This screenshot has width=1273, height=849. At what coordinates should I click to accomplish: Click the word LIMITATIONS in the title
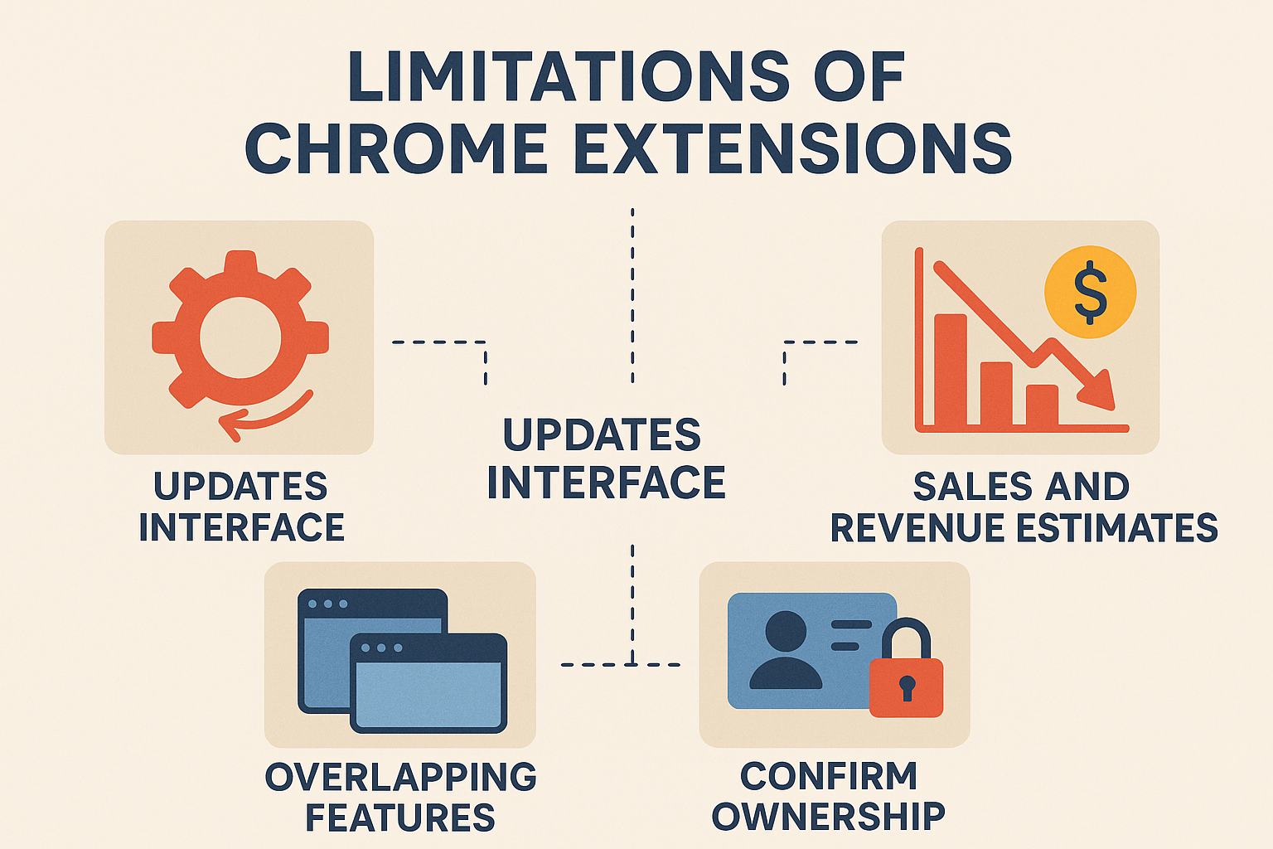tap(569, 77)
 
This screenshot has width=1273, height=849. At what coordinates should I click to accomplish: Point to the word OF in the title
tap(859, 77)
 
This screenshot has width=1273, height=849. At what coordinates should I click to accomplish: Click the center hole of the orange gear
tap(240, 337)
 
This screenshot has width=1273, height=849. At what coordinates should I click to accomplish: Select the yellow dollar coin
tap(1090, 292)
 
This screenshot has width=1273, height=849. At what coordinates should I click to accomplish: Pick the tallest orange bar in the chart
tap(951, 370)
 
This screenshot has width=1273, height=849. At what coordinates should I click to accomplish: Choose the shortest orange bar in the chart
tap(1043, 405)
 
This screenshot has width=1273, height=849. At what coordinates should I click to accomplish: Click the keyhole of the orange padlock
tap(907, 687)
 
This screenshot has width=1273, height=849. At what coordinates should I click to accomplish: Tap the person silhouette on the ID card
tap(786, 650)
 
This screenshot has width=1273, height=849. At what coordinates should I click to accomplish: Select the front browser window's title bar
tap(428, 648)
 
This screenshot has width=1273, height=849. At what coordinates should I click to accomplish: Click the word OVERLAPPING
tap(401, 777)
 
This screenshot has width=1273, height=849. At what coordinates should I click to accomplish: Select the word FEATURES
tap(400, 817)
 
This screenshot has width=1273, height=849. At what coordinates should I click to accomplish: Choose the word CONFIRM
tap(829, 776)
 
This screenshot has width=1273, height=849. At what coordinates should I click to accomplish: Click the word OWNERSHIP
tap(829, 817)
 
